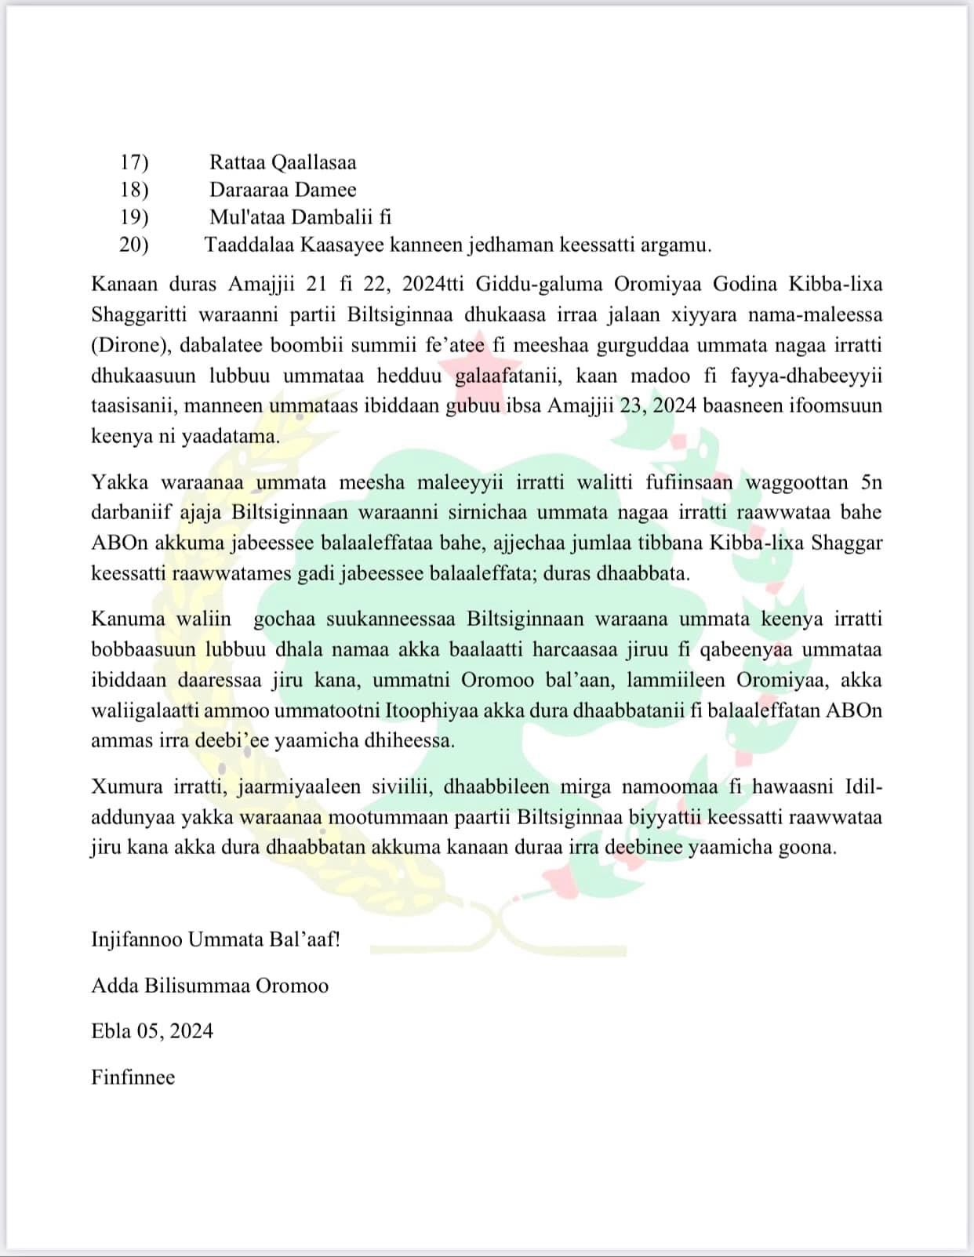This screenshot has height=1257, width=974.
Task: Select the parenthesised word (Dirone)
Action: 129,345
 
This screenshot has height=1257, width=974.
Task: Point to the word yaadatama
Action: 231,437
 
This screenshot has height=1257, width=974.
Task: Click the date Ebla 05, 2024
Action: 152,1030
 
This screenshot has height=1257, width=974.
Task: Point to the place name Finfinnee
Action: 133,1077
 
